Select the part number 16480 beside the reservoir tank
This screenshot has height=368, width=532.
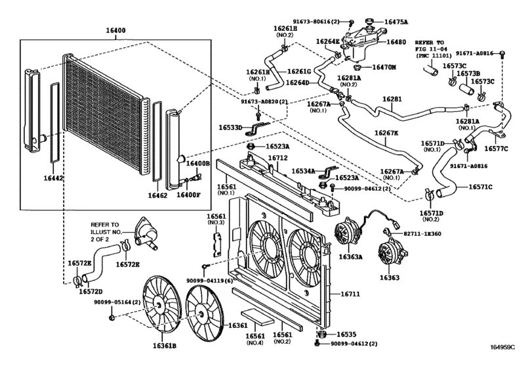(x=397, y=42)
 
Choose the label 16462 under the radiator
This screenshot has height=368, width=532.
(x=158, y=195)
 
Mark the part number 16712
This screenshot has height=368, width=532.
(x=277, y=158)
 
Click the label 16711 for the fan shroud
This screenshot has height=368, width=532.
(x=350, y=294)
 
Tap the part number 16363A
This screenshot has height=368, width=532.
(x=350, y=257)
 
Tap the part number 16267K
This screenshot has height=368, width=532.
(x=386, y=133)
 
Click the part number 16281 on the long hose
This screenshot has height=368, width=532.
(x=392, y=100)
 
